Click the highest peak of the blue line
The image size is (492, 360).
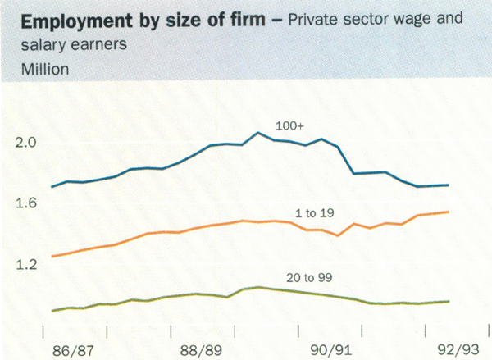[257, 133]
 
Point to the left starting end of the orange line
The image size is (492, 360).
[51, 257]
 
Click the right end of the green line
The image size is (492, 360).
[471, 301]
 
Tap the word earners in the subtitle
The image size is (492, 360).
[102, 46]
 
